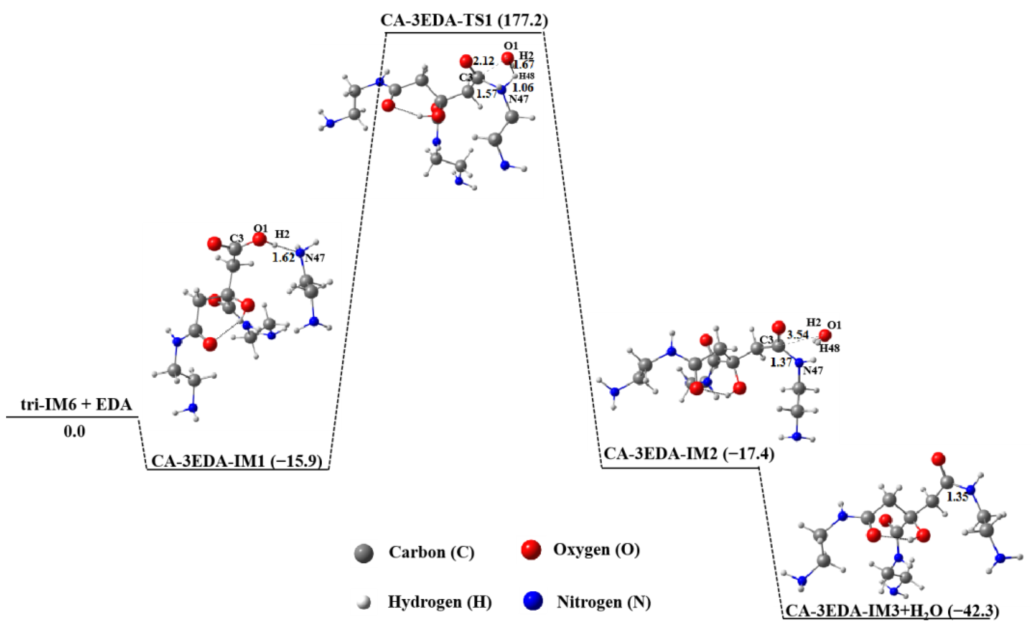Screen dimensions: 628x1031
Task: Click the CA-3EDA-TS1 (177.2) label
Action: [464, 21]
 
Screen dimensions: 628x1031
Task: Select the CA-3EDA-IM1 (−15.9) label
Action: [237, 461]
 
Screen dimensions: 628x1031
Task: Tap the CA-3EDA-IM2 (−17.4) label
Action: [689, 453]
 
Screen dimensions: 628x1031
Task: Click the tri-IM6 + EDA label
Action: [76, 405]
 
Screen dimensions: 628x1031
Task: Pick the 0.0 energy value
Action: [75, 432]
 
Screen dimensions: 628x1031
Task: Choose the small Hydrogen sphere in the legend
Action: [365, 603]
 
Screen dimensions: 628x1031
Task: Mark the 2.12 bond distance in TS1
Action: [483, 61]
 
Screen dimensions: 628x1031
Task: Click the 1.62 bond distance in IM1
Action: [283, 258]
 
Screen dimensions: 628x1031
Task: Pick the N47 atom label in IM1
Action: [314, 258]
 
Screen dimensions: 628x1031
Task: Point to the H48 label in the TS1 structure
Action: [526, 76]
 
